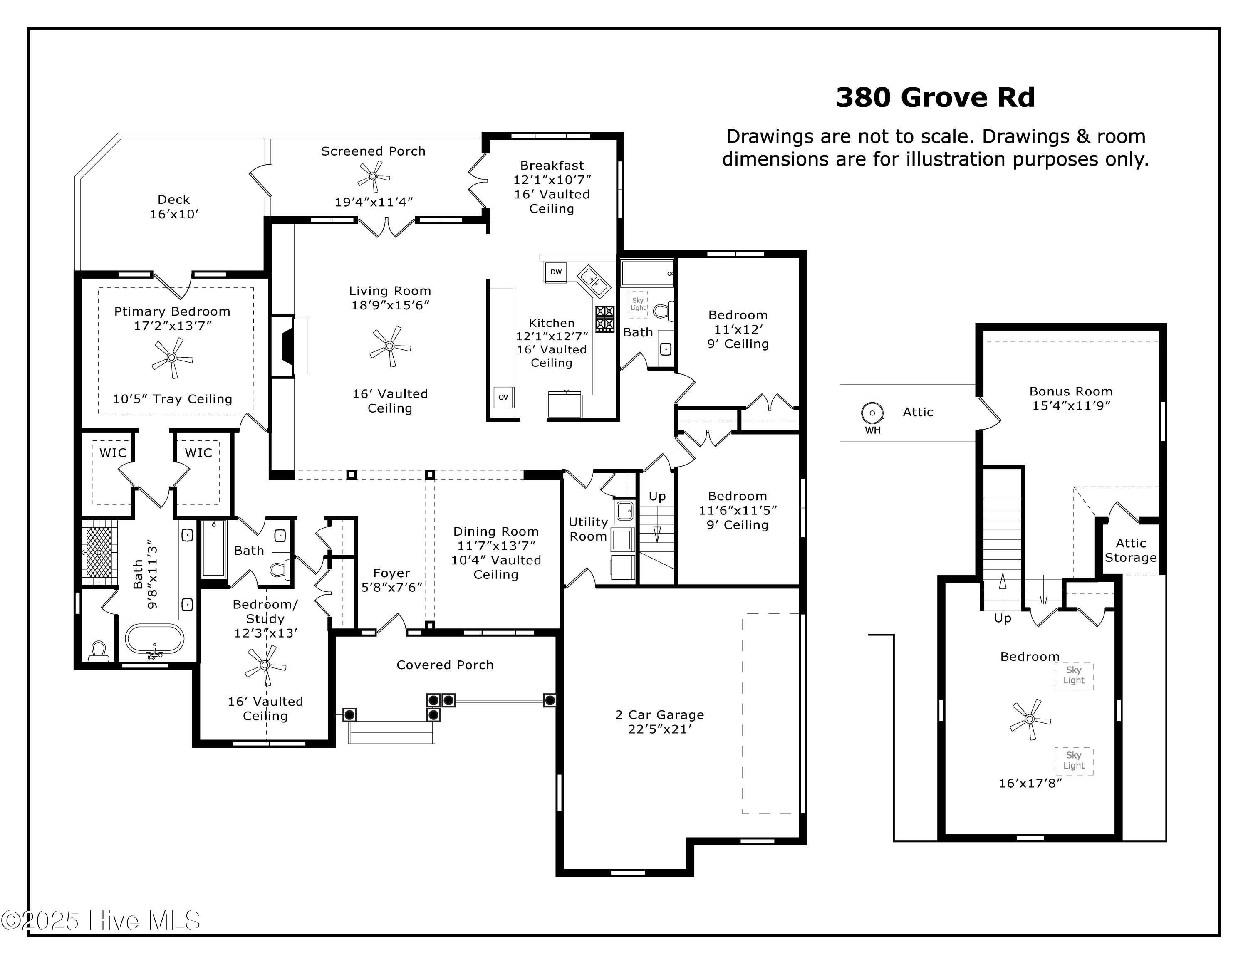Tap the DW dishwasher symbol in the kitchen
click(x=555, y=272)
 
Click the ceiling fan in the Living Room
click(x=390, y=346)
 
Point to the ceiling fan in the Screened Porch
click(x=373, y=176)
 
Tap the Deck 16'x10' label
click(x=174, y=207)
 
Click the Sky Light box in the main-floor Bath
click(x=638, y=304)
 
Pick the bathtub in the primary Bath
click(x=154, y=638)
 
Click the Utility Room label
click(x=588, y=529)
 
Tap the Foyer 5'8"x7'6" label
click(x=391, y=580)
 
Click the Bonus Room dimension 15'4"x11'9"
click(x=1071, y=406)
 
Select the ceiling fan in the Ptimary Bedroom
click(x=171, y=358)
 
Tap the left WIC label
click(x=113, y=453)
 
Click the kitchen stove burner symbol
click(x=604, y=319)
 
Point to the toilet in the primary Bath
click(x=98, y=650)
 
